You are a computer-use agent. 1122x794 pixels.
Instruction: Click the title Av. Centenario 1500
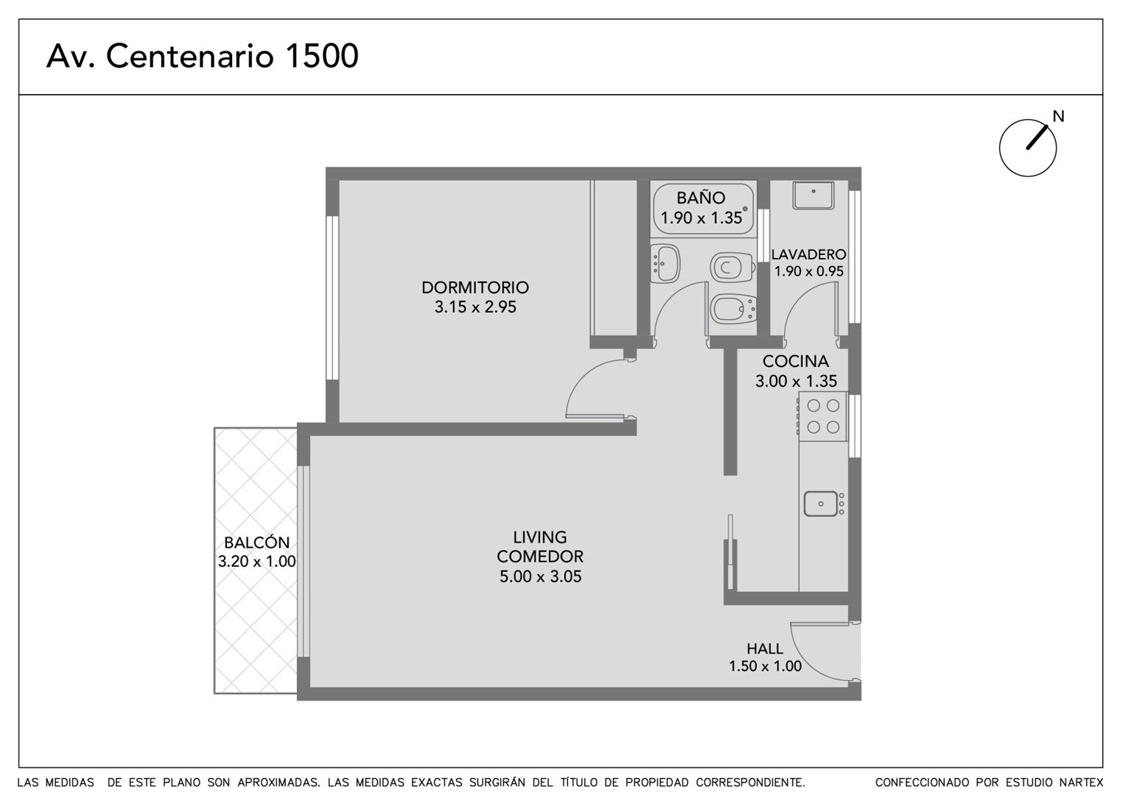point(202,56)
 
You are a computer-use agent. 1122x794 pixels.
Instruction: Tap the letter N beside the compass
point(1058,116)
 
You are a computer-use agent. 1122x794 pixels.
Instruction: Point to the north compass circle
point(1028,148)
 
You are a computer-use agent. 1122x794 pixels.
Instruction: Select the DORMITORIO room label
point(475,287)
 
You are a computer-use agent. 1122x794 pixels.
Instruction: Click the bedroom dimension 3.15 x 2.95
point(475,307)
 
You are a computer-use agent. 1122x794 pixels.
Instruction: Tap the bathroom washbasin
point(665,263)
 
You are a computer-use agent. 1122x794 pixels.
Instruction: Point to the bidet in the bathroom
point(733,309)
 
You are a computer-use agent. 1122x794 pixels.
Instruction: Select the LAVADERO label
point(808,254)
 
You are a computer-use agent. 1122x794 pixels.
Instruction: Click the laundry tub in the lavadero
point(813,196)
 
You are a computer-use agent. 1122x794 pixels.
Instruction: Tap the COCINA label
point(796,361)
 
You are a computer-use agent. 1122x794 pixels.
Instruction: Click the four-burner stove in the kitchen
point(823,417)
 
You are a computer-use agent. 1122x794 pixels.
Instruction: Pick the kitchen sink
point(824,504)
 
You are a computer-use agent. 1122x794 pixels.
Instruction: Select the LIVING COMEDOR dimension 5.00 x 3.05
point(540,576)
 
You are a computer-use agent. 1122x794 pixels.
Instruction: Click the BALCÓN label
point(256,543)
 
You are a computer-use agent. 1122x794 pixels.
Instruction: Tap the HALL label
point(765,648)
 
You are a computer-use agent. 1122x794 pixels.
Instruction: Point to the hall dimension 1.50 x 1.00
point(765,666)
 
